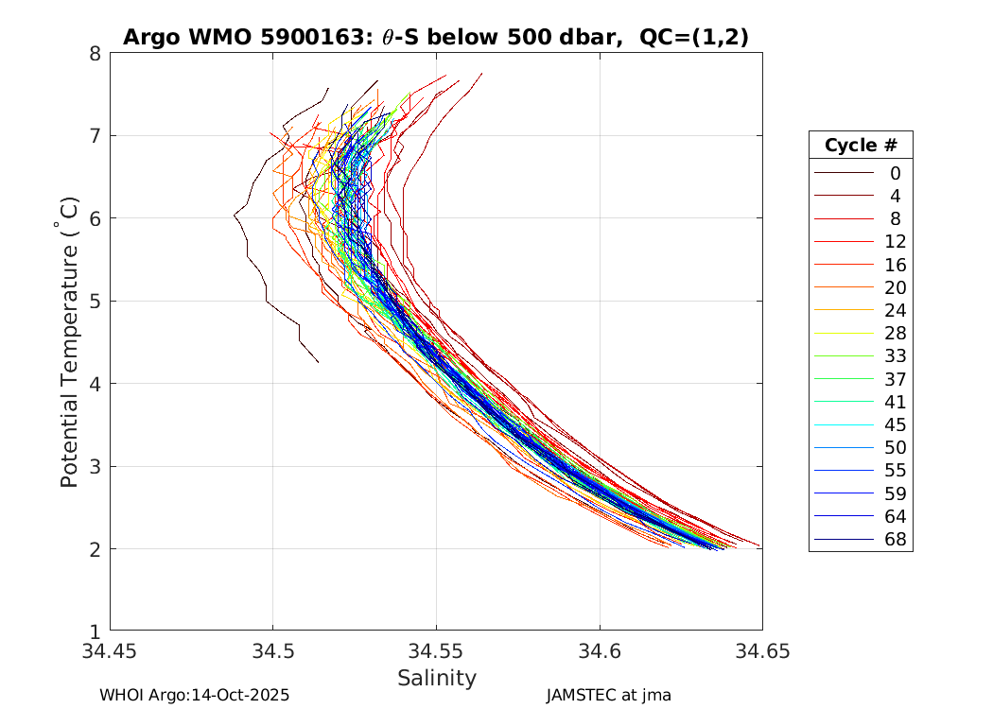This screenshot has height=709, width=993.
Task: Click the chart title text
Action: (x=436, y=38)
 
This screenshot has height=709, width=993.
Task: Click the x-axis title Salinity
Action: (x=436, y=678)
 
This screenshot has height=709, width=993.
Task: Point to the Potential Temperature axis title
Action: (x=69, y=342)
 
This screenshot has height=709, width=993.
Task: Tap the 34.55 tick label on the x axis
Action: (x=436, y=651)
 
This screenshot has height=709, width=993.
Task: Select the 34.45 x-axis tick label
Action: (x=110, y=651)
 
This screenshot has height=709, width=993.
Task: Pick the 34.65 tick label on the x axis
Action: (x=762, y=651)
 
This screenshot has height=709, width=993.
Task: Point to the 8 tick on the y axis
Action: (x=96, y=53)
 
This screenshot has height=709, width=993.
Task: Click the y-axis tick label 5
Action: (x=96, y=301)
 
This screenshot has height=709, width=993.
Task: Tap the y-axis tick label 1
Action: (x=96, y=631)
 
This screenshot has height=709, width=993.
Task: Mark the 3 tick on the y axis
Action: (x=96, y=466)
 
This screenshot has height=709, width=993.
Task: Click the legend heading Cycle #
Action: (x=861, y=146)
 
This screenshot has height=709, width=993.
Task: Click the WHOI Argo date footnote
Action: (x=194, y=695)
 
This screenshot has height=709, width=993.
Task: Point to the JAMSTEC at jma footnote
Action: (x=608, y=695)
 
